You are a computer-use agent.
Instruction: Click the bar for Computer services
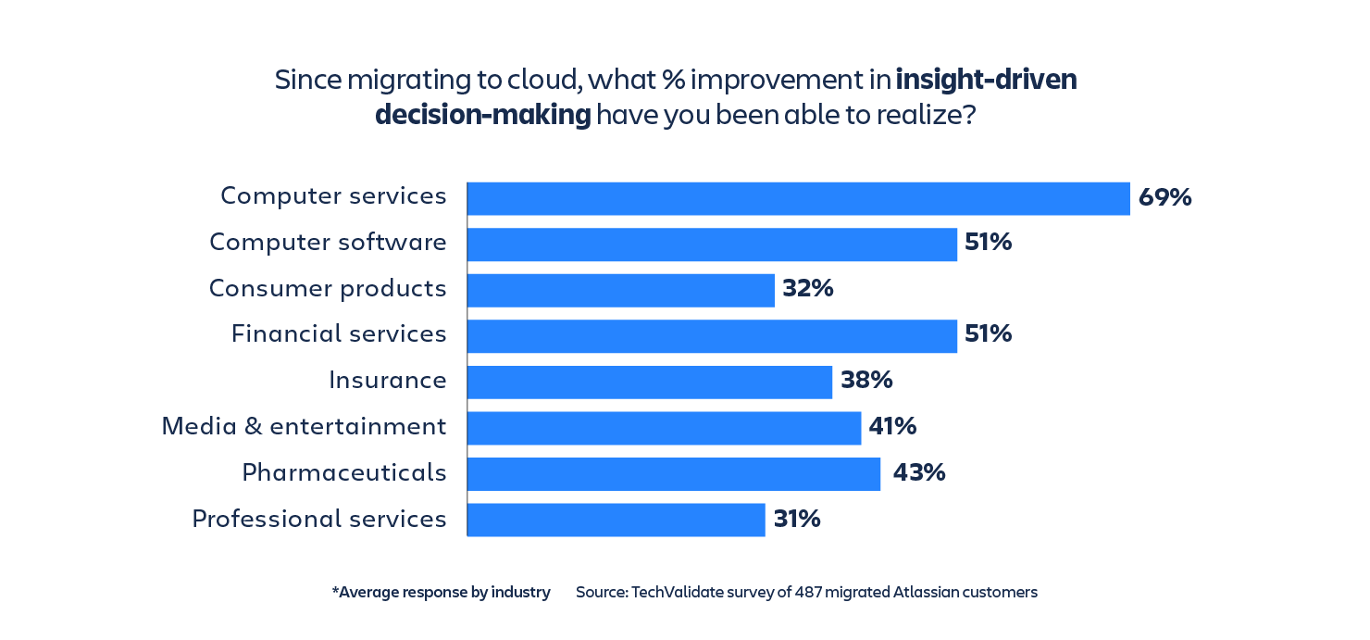point(798,198)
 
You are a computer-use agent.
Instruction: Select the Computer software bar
point(712,245)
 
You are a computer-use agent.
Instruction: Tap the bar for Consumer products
point(620,290)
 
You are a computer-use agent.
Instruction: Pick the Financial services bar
point(712,336)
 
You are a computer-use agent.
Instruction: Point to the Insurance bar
point(650,382)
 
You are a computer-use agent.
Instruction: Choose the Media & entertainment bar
point(664,428)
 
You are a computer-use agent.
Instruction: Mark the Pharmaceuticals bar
point(674,473)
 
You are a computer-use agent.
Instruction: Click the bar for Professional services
point(616,520)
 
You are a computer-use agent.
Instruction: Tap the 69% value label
point(1164,197)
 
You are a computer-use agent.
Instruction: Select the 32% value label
point(807,289)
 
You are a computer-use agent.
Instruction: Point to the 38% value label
point(866,381)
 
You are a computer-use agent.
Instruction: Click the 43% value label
point(918,473)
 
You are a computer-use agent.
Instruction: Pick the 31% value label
point(797,520)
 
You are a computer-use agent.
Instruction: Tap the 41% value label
point(892,427)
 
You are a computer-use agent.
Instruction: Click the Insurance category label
point(387,381)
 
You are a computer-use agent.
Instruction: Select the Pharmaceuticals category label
point(343,473)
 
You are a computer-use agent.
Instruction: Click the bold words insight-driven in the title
point(986,81)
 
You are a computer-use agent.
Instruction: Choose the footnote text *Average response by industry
point(441,592)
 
